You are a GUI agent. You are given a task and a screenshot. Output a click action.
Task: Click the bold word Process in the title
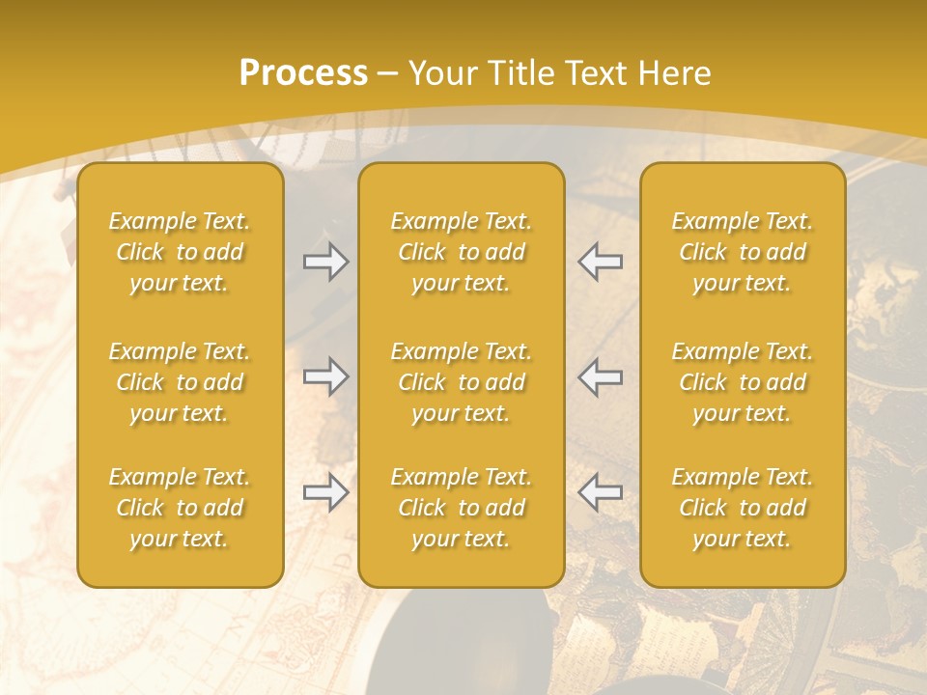click(303, 73)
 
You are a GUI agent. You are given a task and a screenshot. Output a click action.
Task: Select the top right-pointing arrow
click(325, 262)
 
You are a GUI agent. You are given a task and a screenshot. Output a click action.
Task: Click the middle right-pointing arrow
click(325, 376)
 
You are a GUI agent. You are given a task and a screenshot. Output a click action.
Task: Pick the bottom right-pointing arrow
click(325, 492)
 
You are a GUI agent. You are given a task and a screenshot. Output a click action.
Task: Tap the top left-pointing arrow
click(600, 262)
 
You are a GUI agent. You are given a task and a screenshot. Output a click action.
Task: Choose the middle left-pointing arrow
click(600, 376)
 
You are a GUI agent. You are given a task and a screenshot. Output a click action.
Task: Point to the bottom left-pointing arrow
click(600, 492)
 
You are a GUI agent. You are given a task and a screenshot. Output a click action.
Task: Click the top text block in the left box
click(180, 252)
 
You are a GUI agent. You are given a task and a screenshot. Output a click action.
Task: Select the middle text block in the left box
click(180, 382)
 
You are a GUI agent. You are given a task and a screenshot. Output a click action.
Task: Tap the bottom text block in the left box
click(180, 508)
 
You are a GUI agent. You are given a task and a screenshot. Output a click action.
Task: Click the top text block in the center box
click(461, 252)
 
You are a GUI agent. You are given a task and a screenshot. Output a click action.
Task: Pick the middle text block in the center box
click(461, 382)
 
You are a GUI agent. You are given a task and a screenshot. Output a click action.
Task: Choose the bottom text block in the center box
click(461, 508)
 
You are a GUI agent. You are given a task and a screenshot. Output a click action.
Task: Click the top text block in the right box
click(742, 252)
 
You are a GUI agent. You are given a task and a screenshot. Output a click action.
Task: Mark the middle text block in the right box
click(742, 382)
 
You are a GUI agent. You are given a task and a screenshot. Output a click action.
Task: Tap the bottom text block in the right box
click(742, 508)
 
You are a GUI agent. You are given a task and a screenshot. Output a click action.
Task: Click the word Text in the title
click(594, 73)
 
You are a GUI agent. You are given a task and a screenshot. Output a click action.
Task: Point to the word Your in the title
click(439, 73)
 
